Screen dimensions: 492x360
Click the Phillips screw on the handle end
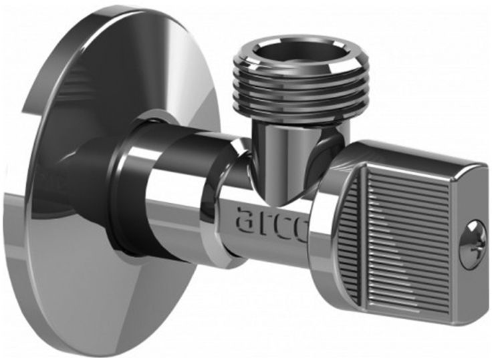(473, 244)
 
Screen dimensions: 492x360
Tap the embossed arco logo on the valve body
(271, 224)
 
